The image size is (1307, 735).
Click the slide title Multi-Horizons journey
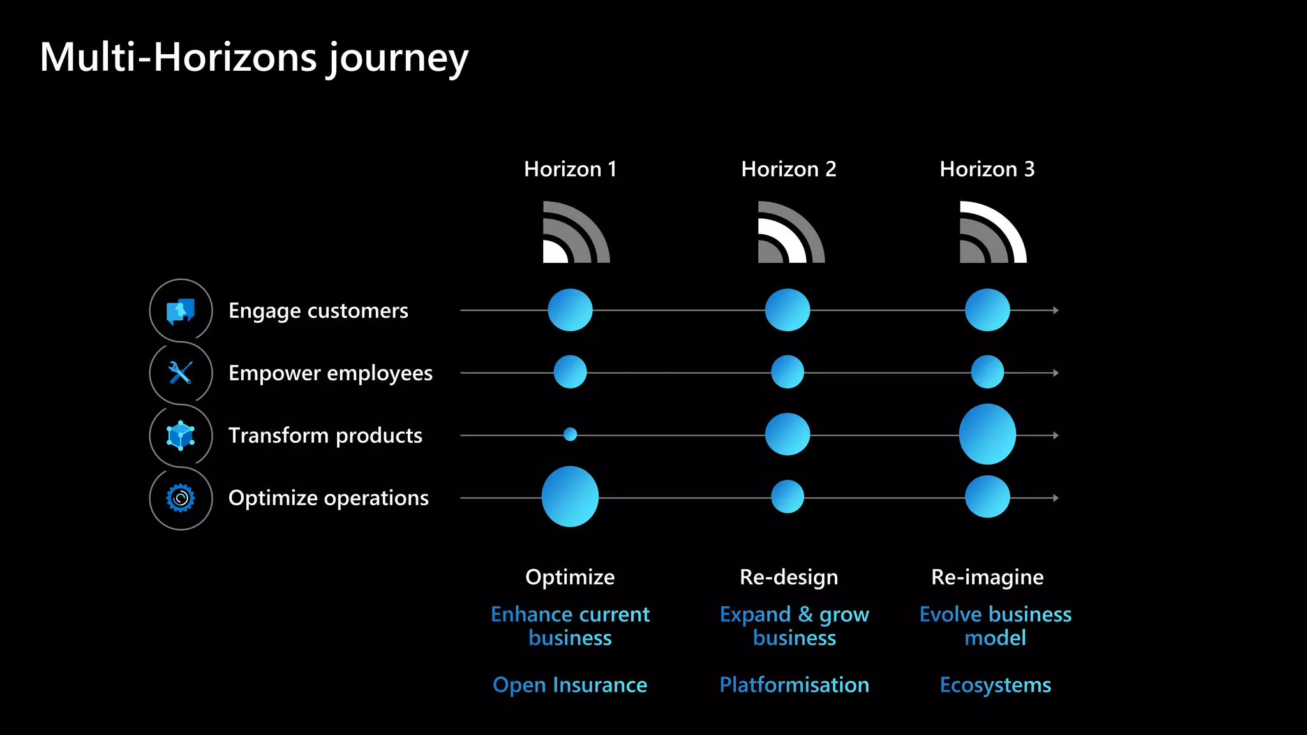click(254, 57)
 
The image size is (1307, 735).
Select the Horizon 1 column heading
click(570, 169)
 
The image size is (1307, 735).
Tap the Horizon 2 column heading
click(788, 169)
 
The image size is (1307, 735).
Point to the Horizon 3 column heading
click(987, 169)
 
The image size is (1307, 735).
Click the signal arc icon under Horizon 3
click(992, 233)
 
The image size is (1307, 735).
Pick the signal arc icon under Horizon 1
click(576, 233)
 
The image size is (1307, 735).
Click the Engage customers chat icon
click(181, 311)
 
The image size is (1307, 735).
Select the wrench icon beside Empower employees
click(181, 373)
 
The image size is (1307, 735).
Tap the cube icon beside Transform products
click(181, 435)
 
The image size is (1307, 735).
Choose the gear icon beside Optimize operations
click(181, 498)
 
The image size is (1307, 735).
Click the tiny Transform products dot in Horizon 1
click(570, 434)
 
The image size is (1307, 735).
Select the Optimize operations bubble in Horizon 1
click(570, 496)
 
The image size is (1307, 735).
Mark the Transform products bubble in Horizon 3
click(987, 434)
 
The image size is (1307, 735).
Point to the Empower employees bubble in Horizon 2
click(788, 372)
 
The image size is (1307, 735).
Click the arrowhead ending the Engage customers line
click(1056, 310)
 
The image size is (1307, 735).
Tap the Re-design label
click(788, 577)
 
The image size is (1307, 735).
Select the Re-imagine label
click(987, 577)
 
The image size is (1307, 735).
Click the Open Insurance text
click(570, 685)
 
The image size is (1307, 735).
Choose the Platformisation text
click(794, 685)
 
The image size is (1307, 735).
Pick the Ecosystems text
click(995, 685)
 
